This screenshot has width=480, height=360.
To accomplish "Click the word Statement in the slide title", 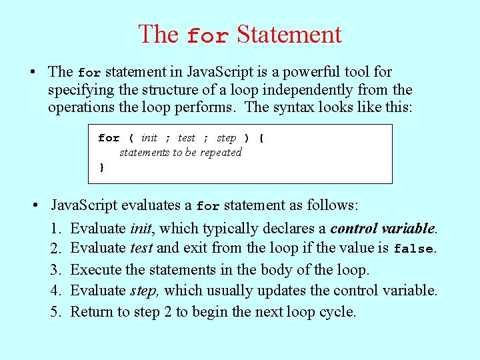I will pyautogui.click(x=289, y=34).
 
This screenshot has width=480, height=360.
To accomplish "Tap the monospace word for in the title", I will pyautogui.click(x=207, y=36).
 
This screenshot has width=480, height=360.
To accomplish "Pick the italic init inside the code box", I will pyautogui.click(x=149, y=138).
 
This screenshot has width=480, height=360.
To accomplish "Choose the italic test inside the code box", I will pyautogui.click(x=187, y=138).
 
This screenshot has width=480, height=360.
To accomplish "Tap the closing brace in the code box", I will pyautogui.click(x=102, y=167).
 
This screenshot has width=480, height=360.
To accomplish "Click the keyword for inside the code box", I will pyautogui.click(x=109, y=138).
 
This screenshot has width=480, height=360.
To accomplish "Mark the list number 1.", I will pyautogui.click(x=55, y=229).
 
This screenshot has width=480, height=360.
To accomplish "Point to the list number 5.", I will pyautogui.click(x=55, y=311).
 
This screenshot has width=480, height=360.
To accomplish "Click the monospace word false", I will pyautogui.click(x=413, y=249).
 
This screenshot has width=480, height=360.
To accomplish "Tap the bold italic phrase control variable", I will pyautogui.click(x=383, y=229).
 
